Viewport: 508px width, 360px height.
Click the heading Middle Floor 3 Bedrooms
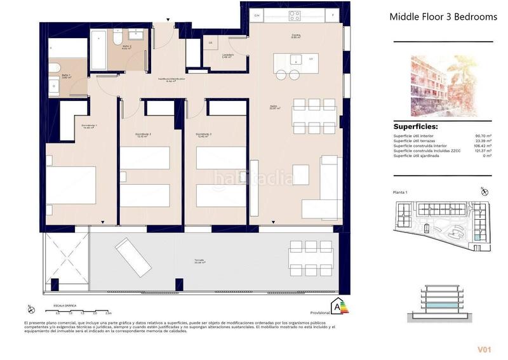(443, 17)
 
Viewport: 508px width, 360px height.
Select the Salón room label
(274, 108)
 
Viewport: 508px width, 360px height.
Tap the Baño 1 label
(66, 76)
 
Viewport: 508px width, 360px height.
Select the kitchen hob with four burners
(295, 15)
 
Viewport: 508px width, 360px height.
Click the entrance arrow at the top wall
(168, 20)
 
